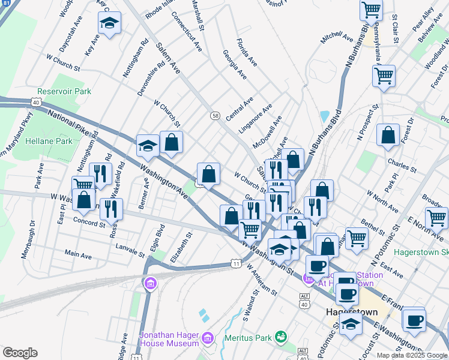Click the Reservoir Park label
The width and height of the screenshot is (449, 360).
[x=64, y=92]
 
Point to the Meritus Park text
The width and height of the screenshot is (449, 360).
[x=249, y=338]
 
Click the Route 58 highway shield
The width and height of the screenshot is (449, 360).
[x=214, y=115]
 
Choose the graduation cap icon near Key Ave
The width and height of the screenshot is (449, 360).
[x=109, y=23]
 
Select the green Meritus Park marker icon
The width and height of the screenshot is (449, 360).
[x=280, y=338]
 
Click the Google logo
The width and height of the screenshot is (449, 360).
[x=20, y=353]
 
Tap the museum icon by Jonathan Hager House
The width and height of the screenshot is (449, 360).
[x=208, y=339]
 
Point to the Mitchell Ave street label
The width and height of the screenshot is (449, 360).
[x=337, y=38]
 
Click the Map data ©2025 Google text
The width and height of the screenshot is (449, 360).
[x=411, y=355]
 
